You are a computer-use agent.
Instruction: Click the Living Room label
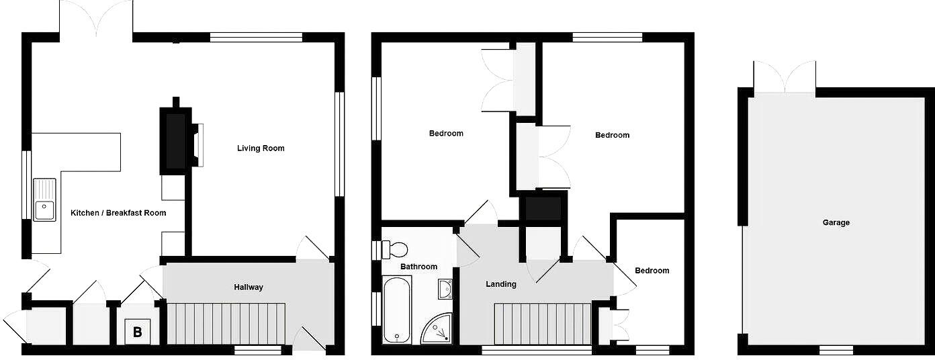pyautogui.click(x=261, y=148)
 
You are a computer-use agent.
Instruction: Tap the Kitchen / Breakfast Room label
pyautogui.click(x=118, y=213)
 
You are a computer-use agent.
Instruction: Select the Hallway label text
pyautogui.click(x=249, y=287)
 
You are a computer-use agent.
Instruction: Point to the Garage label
pyautogui.click(x=836, y=222)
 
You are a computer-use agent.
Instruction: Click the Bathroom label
pyautogui.click(x=418, y=267)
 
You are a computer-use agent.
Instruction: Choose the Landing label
pyautogui.click(x=501, y=284)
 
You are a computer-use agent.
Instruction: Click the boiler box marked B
pyautogui.click(x=137, y=331)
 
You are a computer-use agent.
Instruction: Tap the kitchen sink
pyautogui.click(x=45, y=199)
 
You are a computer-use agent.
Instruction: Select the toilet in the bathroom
pyautogui.click(x=395, y=250)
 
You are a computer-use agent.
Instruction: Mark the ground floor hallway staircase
pyautogui.click(x=226, y=324)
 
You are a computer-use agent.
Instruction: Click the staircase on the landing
pyautogui.click(x=542, y=324)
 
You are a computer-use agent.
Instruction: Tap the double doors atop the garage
pyautogui.click(x=785, y=77)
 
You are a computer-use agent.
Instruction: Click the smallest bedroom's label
pyautogui.click(x=652, y=271)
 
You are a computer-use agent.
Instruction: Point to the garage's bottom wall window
pyautogui.click(x=836, y=350)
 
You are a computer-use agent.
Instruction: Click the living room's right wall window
pyautogui.click(x=339, y=144)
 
